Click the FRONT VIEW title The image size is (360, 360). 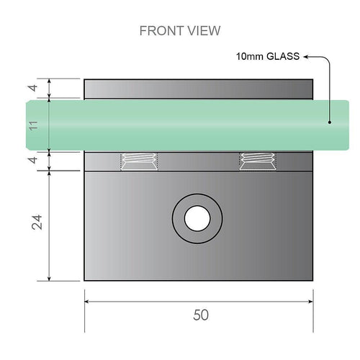tap(179, 31)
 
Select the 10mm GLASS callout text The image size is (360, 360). tap(266, 55)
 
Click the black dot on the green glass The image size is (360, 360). tap(330, 122)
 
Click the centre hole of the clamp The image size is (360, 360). tap(195, 217)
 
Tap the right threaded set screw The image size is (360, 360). tap(256, 162)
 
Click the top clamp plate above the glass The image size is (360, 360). tap(199, 89)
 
